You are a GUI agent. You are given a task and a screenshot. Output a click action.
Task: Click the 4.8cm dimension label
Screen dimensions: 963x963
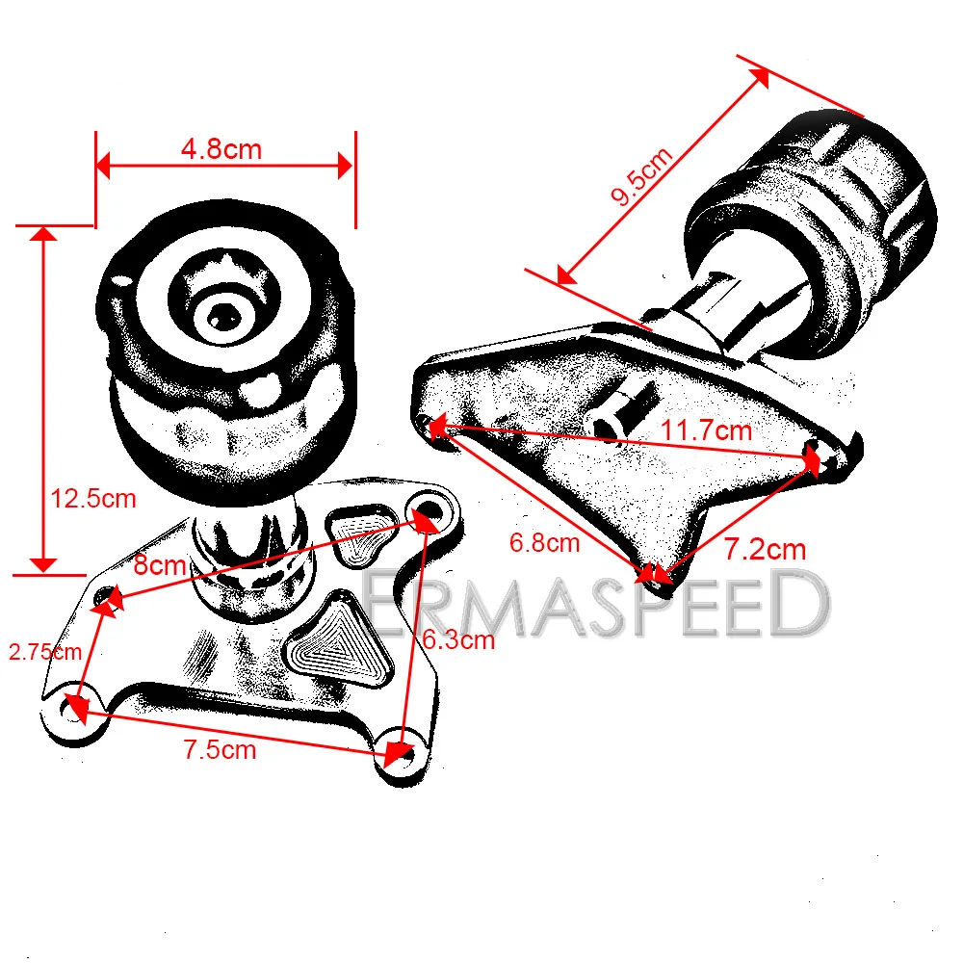tap(221, 149)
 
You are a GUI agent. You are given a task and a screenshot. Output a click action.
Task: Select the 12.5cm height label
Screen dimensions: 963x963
tap(93, 499)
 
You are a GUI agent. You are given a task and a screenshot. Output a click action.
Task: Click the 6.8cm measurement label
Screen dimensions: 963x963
tap(544, 543)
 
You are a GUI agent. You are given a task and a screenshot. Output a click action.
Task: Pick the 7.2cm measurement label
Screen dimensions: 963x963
tap(765, 550)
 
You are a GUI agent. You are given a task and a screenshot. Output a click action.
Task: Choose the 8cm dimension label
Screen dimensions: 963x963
tap(159, 565)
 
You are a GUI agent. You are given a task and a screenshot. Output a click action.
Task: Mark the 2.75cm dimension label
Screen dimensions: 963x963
tap(44, 652)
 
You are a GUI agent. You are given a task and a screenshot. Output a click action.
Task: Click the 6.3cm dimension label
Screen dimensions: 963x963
tap(458, 638)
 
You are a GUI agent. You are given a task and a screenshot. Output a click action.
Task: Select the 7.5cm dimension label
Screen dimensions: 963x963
tap(220, 750)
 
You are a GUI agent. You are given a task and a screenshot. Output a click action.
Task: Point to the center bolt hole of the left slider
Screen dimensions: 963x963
tap(223, 313)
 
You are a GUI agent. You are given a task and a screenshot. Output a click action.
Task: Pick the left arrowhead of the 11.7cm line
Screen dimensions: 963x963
tap(436, 425)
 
